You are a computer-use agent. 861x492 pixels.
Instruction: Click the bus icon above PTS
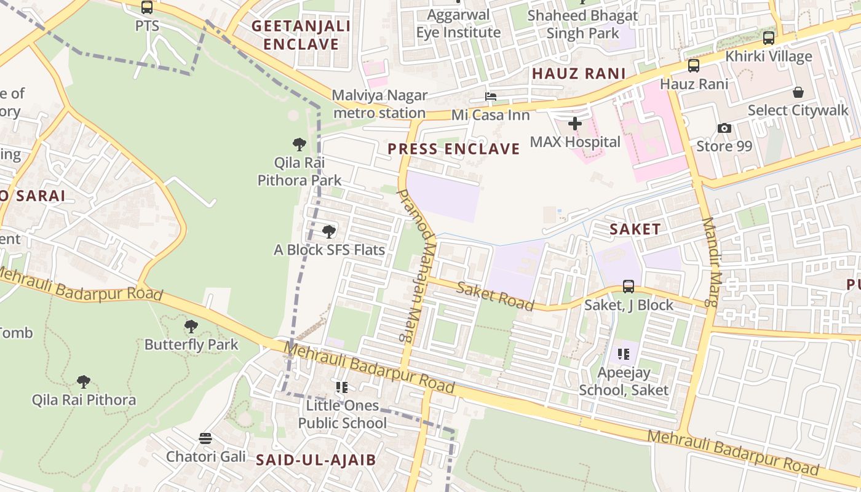[x=146, y=7]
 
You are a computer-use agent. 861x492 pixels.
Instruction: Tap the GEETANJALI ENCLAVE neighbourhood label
[x=301, y=35]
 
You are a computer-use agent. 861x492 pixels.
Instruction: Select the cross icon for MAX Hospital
[x=575, y=124]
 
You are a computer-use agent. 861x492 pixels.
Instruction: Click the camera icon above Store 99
[x=724, y=128]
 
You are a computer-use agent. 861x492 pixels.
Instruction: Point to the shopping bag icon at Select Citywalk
[x=798, y=92]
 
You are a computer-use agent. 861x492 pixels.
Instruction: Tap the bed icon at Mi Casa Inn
[x=490, y=97]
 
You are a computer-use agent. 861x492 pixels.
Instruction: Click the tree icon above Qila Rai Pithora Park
[x=300, y=145]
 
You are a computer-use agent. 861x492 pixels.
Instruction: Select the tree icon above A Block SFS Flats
[x=329, y=232]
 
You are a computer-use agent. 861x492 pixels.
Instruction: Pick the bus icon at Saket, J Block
[x=628, y=286]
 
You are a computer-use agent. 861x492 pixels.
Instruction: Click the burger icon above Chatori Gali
[x=205, y=438]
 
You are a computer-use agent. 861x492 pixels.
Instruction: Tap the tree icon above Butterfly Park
[x=191, y=326]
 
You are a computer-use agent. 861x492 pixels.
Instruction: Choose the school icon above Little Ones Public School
[x=342, y=387]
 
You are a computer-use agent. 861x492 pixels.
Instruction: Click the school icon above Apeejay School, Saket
[x=624, y=354]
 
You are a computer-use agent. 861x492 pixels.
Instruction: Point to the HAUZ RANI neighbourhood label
[x=579, y=74]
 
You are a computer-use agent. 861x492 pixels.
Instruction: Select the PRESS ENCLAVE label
[x=454, y=149]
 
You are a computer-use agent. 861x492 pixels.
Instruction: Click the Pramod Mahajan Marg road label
[x=417, y=264]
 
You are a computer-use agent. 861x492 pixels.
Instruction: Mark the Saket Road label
[x=496, y=296]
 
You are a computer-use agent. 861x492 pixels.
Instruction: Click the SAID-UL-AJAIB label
[x=315, y=459]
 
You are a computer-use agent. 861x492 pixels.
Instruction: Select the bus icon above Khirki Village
[x=768, y=38]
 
